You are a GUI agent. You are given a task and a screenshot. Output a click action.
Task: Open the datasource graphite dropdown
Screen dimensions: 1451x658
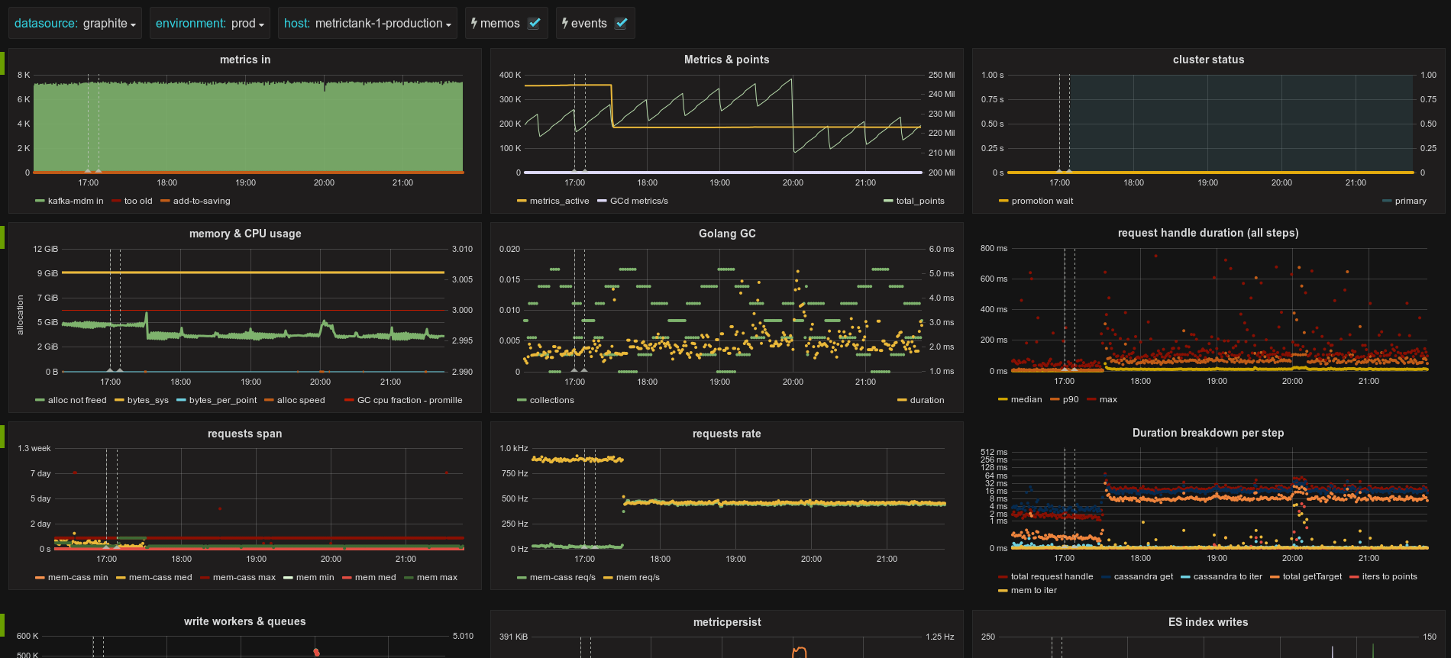point(75,23)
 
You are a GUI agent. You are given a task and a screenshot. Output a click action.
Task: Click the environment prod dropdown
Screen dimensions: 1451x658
point(210,23)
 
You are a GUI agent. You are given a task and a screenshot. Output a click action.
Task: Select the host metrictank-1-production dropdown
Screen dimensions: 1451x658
point(367,23)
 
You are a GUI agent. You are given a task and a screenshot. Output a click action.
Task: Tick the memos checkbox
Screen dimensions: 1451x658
point(535,23)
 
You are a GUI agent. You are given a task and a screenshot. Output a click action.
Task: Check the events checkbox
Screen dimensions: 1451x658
point(622,23)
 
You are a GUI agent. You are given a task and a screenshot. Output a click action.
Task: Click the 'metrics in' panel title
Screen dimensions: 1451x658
point(245,60)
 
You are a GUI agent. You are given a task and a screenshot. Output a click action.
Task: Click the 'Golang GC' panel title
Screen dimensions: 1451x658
point(727,234)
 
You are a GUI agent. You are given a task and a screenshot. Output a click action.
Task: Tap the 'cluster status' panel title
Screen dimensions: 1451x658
point(1208,60)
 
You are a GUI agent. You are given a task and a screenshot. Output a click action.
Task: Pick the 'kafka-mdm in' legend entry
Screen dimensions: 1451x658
point(69,201)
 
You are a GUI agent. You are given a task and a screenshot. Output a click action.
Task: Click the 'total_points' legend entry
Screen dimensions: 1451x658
point(914,201)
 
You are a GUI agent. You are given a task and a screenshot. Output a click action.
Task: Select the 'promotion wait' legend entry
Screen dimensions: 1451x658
point(1036,201)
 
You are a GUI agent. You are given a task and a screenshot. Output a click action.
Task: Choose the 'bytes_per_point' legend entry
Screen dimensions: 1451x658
point(217,400)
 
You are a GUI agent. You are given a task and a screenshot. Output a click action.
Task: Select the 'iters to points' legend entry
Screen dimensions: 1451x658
point(1383,576)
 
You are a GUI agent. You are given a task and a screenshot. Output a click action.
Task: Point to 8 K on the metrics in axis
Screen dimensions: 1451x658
point(24,75)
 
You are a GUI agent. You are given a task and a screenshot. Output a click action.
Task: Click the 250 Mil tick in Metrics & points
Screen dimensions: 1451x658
point(942,75)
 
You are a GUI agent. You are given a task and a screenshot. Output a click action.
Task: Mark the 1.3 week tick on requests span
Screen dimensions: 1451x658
point(34,448)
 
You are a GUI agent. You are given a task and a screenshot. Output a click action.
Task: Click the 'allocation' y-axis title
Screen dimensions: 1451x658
point(21,315)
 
